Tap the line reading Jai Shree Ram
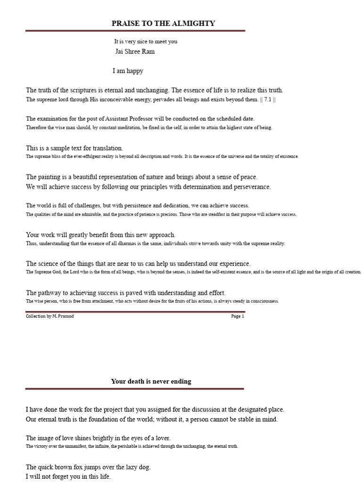point(135,52)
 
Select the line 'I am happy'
point(128,71)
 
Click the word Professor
point(141,119)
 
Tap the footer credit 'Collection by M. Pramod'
point(49,316)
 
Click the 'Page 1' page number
point(238,316)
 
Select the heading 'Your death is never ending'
point(151,381)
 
